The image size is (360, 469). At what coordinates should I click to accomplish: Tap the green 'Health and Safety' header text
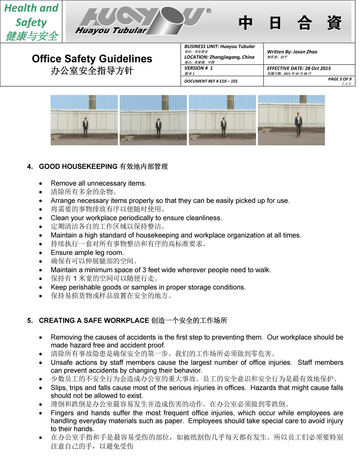[x=31, y=15]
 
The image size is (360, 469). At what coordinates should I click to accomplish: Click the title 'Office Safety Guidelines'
[x=92, y=59]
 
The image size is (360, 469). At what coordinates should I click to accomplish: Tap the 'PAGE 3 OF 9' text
[x=340, y=79]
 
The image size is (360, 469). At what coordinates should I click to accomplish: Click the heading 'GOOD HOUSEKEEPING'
[x=78, y=167]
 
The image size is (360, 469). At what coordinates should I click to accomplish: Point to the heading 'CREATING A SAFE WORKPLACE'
[x=94, y=321]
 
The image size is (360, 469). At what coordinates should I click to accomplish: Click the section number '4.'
[x=30, y=167]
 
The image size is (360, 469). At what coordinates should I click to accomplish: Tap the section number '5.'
[x=30, y=321]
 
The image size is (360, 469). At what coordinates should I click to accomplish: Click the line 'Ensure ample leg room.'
[x=87, y=253]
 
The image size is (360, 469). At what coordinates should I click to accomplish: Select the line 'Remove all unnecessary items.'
[x=98, y=183]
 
